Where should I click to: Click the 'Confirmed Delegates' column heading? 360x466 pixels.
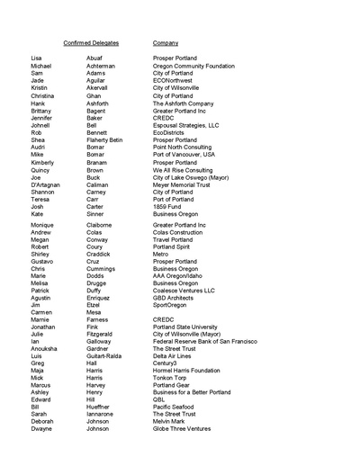[x=91, y=42]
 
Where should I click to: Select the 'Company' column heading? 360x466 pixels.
[x=166, y=42]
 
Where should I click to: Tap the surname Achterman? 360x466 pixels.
[x=101, y=66]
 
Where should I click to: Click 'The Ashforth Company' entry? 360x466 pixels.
[x=183, y=103]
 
